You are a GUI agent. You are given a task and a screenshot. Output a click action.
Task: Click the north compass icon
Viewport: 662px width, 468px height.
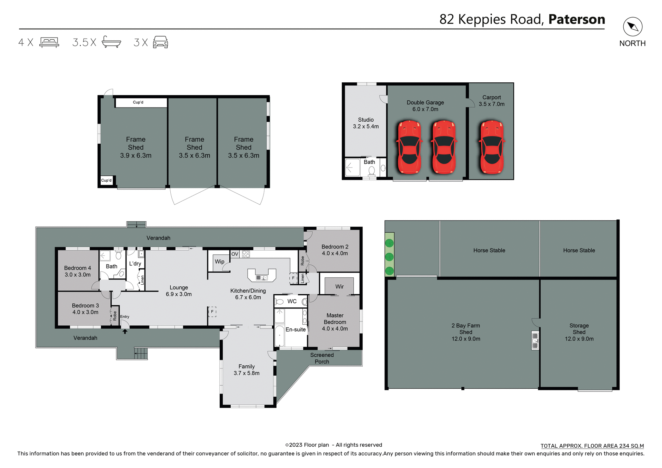(x=632, y=27)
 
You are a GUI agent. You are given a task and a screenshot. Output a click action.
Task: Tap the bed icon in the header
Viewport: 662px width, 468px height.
(x=49, y=42)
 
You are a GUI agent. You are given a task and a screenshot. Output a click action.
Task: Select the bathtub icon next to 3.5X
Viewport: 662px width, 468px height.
(x=111, y=42)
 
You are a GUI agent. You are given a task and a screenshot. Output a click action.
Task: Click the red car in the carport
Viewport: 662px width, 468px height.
(x=492, y=147)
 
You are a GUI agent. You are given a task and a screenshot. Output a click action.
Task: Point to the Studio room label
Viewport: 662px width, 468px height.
(x=365, y=120)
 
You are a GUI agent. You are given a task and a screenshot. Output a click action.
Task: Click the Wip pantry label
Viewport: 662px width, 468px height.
(x=219, y=262)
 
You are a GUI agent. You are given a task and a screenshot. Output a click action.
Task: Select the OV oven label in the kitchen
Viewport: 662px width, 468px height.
(x=235, y=254)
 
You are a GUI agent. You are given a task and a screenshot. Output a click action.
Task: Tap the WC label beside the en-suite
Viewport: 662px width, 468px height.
(x=292, y=301)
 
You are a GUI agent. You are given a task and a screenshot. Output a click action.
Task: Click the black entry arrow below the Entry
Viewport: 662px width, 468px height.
(x=125, y=332)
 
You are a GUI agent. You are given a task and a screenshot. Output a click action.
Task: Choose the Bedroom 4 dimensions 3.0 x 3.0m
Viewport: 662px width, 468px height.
(x=78, y=275)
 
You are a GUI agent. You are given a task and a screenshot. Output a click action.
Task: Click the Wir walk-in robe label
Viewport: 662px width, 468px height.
(x=339, y=287)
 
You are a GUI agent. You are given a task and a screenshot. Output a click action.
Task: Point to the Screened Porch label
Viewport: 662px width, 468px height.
(x=322, y=358)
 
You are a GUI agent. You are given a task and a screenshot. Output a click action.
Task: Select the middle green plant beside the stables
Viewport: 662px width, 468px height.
(x=389, y=257)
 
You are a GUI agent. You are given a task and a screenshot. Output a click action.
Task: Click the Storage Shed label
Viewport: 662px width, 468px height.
(x=579, y=329)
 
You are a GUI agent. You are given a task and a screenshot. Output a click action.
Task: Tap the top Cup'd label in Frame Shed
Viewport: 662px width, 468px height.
(x=138, y=102)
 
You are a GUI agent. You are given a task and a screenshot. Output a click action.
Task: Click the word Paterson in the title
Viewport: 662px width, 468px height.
(x=576, y=19)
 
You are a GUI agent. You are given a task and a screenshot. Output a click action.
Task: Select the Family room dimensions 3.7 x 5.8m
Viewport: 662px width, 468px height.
(x=247, y=373)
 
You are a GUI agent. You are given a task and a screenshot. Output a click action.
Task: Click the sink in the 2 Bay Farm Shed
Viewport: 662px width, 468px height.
(x=535, y=340)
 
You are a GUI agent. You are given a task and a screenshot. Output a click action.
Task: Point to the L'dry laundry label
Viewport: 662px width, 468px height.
(x=135, y=264)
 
